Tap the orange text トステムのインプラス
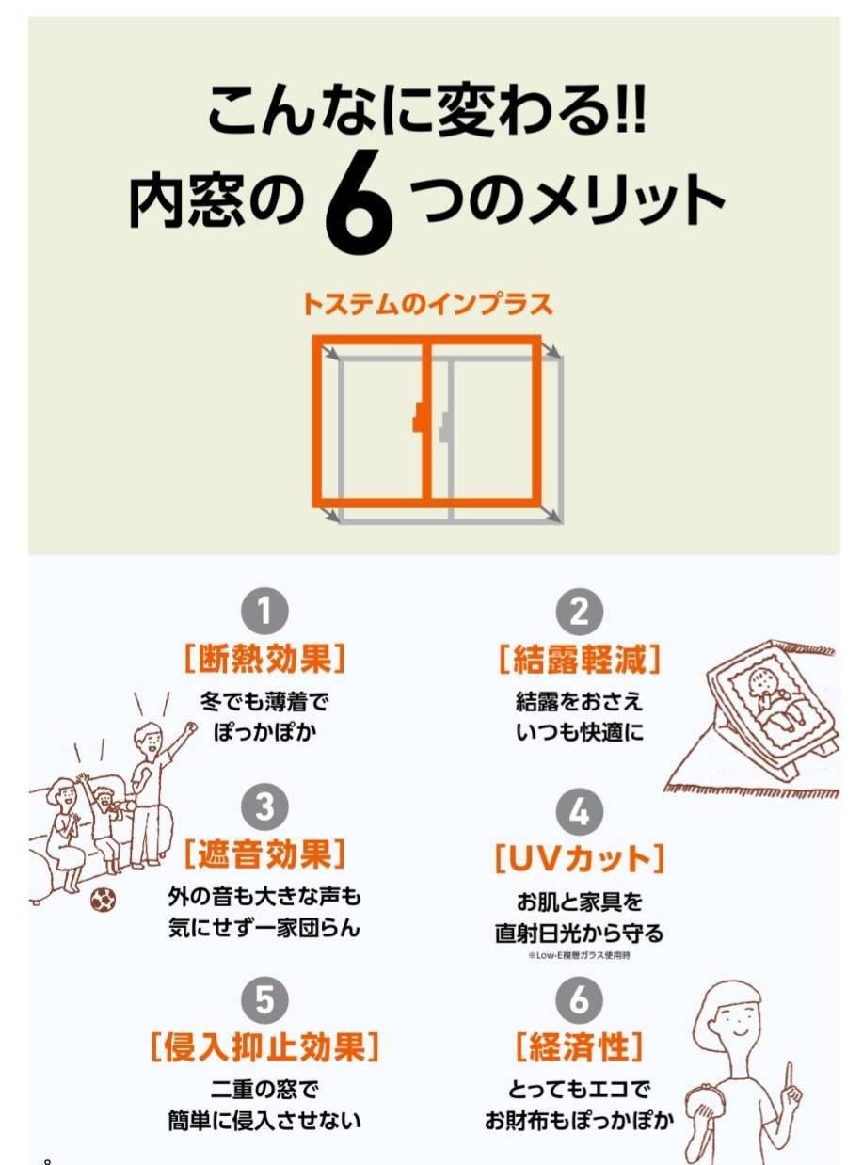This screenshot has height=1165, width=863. point(426,304)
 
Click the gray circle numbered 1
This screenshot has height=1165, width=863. point(265,612)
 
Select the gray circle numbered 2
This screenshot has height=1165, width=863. point(580,612)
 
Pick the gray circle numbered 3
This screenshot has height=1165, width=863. point(265,807)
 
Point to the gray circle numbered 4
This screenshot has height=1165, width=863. point(580,811)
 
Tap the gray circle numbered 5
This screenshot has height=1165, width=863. point(265,999)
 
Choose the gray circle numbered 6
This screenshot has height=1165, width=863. point(580,999)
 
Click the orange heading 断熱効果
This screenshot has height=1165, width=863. point(265,659)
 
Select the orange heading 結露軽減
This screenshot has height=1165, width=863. point(580,659)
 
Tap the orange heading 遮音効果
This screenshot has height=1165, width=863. point(265,854)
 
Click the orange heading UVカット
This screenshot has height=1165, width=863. point(580,857)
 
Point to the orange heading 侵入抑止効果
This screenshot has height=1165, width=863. point(265,1046)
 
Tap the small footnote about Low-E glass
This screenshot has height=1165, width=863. point(580,955)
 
